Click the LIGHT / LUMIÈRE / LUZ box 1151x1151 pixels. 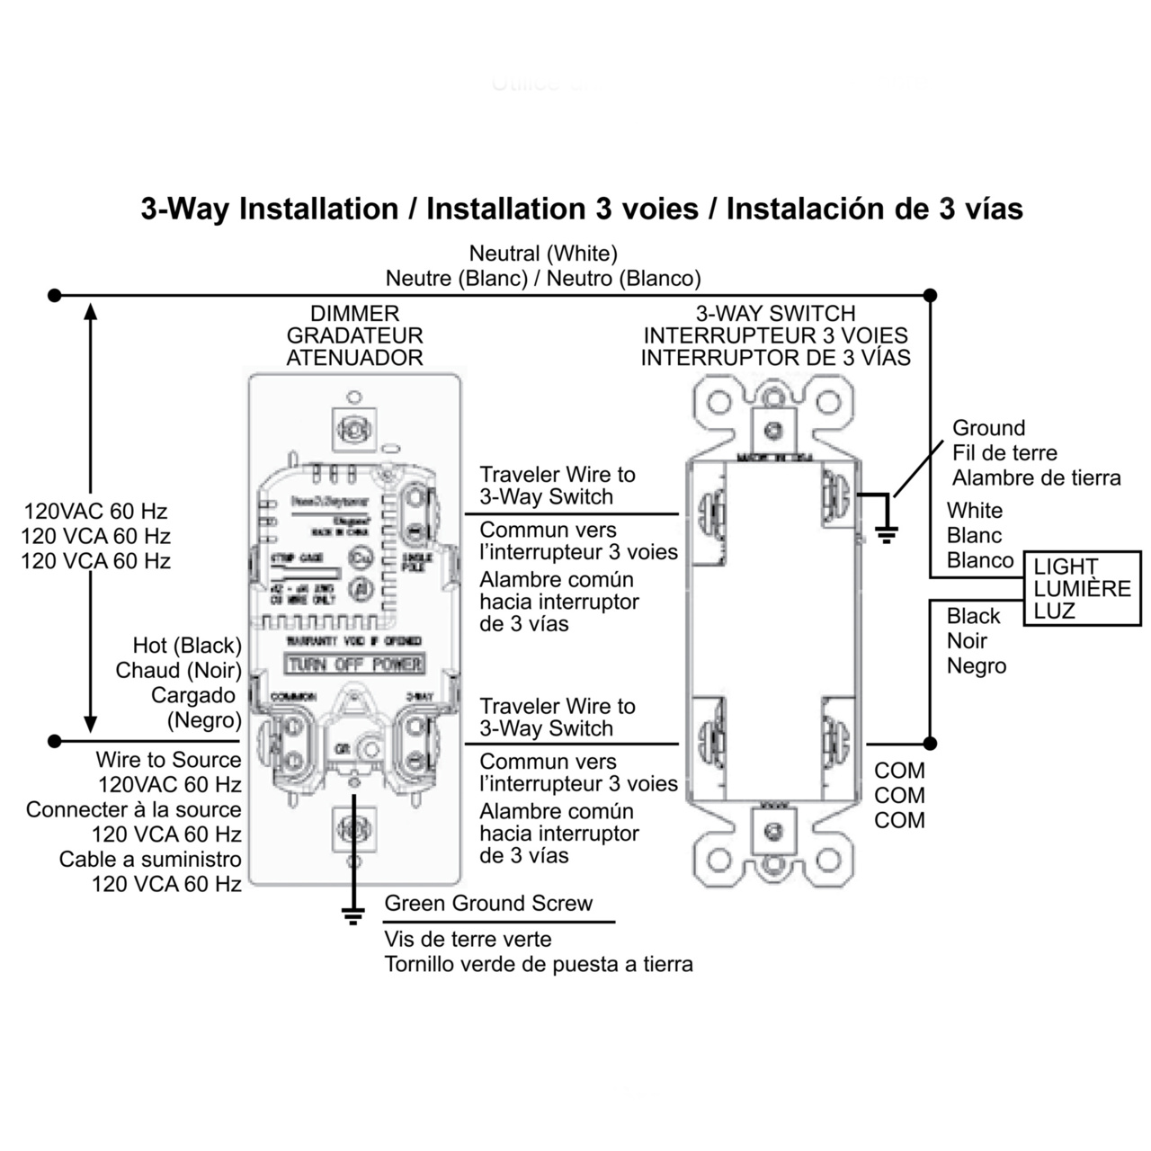tap(1082, 589)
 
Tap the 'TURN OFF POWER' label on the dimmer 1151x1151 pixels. tap(354, 665)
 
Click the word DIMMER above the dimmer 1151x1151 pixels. tap(354, 314)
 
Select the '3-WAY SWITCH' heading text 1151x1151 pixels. tap(775, 314)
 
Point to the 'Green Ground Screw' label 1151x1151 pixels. tap(488, 904)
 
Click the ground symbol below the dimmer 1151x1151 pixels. tap(353, 915)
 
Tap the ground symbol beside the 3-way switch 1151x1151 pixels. tap(887, 535)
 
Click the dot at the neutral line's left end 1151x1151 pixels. tap(55, 295)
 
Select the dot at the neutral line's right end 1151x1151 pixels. tap(931, 295)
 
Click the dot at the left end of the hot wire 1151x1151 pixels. tap(55, 741)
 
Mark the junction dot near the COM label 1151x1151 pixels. tap(931, 744)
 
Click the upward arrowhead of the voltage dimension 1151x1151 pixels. tap(90, 311)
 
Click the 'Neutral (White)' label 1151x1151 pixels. tap(543, 254)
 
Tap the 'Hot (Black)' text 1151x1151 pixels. tap(187, 646)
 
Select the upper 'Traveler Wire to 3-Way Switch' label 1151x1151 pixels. tap(558, 486)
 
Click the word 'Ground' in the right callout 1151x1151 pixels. tap(988, 428)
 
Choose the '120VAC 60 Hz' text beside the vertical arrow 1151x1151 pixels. tap(95, 512)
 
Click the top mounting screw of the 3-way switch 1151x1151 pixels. tap(772, 431)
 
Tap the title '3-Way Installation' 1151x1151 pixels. tap(270, 209)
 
